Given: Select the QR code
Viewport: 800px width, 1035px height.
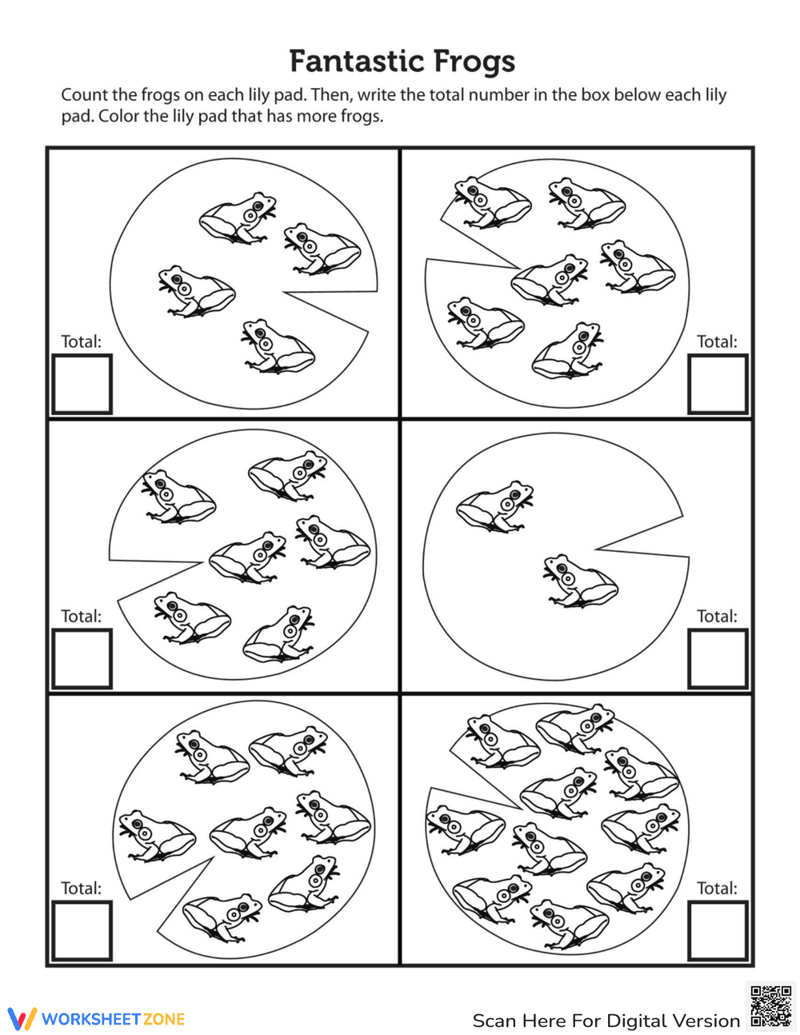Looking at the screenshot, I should (x=771, y=1007).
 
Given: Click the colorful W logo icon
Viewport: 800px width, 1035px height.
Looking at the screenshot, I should (x=22, y=1018).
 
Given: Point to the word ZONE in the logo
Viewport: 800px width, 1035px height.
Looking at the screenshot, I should (x=163, y=1019).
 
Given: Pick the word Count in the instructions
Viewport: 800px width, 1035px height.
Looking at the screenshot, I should (x=83, y=95).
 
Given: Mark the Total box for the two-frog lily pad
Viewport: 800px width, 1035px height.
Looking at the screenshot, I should (x=718, y=658).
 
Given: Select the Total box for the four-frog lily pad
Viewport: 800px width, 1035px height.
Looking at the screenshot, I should (x=82, y=384).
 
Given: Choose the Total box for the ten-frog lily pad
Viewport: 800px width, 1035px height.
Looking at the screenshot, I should (x=718, y=931).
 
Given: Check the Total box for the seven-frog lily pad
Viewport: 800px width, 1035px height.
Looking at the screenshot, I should (x=82, y=931).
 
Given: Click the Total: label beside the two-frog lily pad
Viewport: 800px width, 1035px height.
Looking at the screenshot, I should (x=717, y=617).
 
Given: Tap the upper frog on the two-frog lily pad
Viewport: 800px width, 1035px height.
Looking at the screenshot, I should (x=495, y=506).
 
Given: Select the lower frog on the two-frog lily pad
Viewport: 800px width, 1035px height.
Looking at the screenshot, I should (x=581, y=581).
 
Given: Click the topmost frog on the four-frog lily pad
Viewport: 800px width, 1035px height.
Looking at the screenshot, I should (x=238, y=218).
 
